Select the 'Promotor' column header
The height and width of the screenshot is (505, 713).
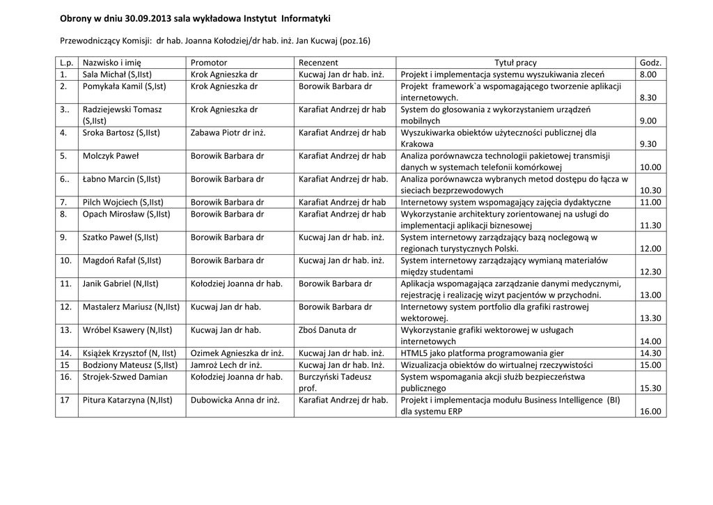(x=209, y=63)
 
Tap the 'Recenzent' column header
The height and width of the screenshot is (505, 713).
(x=318, y=63)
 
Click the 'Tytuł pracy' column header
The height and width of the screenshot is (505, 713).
(x=515, y=63)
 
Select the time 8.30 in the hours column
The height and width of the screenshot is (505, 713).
(x=648, y=98)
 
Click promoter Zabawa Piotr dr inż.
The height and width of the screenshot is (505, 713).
(x=228, y=132)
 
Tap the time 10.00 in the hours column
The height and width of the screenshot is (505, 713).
(x=650, y=167)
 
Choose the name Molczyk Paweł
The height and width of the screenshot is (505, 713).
(x=110, y=156)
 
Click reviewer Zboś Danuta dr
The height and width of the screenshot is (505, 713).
(x=327, y=330)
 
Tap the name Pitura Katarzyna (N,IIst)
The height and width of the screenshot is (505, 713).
(x=127, y=400)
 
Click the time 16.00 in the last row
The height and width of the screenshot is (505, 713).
(x=650, y=411)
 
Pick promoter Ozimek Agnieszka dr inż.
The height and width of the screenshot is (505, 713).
(x=235, y=353)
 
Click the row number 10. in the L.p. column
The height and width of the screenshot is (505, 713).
(x=66, y=261)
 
